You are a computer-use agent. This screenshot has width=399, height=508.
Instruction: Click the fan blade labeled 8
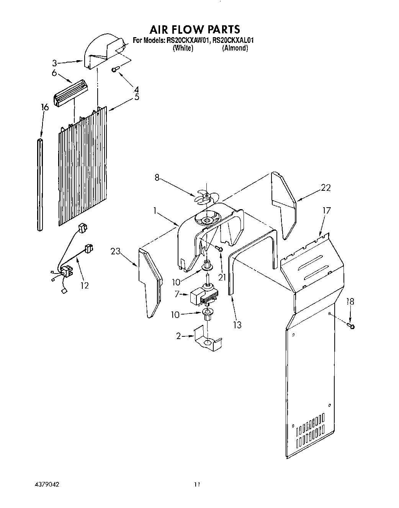[x=206, y=197]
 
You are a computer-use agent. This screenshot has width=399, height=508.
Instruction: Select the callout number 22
[x=325, y=188]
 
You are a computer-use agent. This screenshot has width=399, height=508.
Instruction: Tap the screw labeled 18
[x=350, y=326]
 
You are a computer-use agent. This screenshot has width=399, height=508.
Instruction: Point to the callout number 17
[x=326, y=210]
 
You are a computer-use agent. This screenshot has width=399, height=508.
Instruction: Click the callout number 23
[x=116, y=251]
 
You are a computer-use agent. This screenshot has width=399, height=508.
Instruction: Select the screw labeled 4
[x=115, y=69]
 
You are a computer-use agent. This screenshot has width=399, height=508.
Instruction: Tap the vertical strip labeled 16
[x=41, y=185]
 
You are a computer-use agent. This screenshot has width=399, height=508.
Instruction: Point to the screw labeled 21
[x=220, y=249]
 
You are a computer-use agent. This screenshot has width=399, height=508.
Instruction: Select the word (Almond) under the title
[x=235, y=48]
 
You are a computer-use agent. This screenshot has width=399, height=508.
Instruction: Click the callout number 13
[x=237, y=325]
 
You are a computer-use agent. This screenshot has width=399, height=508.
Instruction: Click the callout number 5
[x=136, y=97]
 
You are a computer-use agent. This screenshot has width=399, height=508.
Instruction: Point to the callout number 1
[x=155, y=210]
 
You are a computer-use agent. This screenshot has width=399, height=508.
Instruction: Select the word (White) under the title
[x=183, y=48]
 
